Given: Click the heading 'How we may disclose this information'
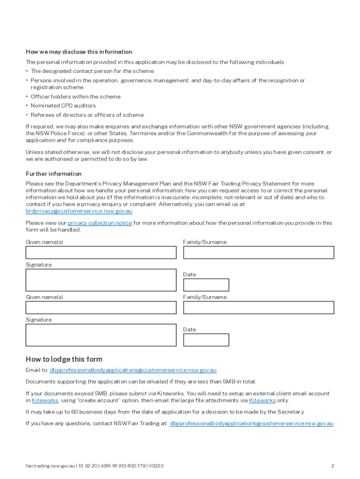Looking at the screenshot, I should point(79,52).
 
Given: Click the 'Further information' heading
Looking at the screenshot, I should point(53,174).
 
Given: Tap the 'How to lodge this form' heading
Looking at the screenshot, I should point(64,359).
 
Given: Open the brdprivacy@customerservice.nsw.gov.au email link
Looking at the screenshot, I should point(79,211).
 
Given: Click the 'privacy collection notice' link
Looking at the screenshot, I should point(100,223).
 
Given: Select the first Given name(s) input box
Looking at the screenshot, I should point(101,253).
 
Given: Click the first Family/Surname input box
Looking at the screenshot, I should point(259,253).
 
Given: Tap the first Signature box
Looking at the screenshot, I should point(101,280).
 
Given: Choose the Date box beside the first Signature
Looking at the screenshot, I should point(206,285).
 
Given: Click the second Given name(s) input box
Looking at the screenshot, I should point(101,307).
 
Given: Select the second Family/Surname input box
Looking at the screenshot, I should point(259,307).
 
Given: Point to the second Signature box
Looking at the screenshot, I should point(101,335).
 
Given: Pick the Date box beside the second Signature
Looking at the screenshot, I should point(206,340).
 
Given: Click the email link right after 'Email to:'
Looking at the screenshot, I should point(133,370).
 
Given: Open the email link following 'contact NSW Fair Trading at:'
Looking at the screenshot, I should point(252,423).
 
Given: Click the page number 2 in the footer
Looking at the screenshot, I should point(332,466).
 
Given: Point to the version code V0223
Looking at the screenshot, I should point(156,466).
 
